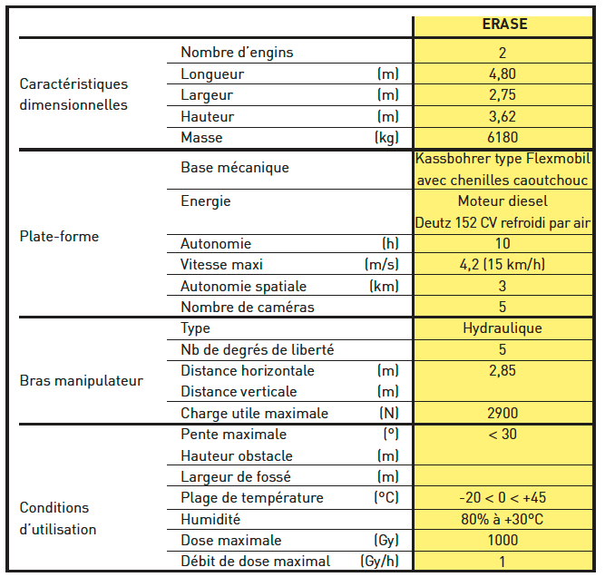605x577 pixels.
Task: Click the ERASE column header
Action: tap(504, 25)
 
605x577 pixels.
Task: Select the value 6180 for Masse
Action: tap(503, 138)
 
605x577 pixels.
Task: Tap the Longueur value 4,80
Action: tap(503, 74)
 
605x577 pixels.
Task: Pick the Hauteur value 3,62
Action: tap(503, 117)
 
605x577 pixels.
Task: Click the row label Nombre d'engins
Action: tap(237, 53)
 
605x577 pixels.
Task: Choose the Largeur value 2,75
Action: tap(503, 95)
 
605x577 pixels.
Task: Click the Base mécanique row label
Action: tap(235, 168)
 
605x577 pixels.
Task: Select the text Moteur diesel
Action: tap(503, 201)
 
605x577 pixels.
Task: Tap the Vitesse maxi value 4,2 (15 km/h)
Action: tap(503, 265)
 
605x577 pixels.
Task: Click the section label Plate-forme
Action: tap(59, 237)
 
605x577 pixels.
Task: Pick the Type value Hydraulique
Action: tap(503, 328)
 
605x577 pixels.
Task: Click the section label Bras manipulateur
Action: tap(82, 381)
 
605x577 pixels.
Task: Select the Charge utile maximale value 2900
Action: tap(503, 414)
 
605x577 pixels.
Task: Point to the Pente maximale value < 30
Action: tap(503, 435)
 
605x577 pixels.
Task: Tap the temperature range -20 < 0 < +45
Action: tap(503, 498)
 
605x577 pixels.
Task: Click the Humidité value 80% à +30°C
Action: tap(503, 520)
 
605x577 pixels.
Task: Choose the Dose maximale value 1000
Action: tap(503, 541)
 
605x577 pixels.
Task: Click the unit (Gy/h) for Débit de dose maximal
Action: tap(379, 562)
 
